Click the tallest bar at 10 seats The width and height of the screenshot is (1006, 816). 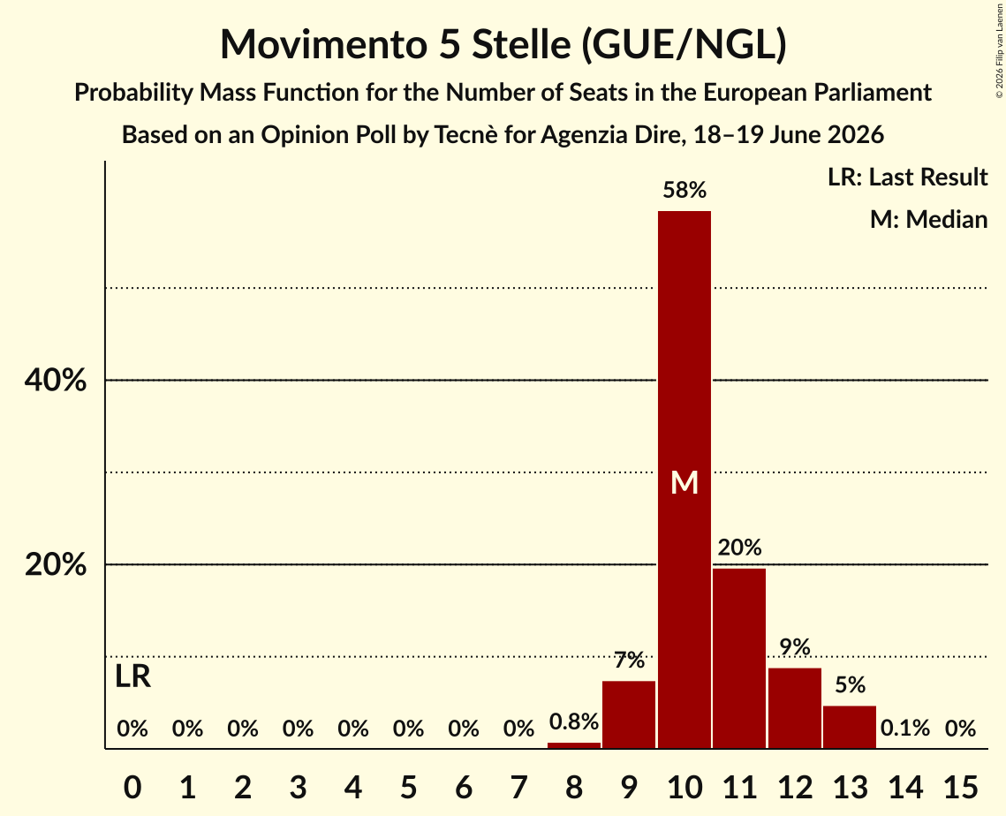684,480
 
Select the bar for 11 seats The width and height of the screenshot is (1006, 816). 739,658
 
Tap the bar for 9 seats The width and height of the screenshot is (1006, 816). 629,714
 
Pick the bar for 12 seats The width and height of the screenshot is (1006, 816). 794,708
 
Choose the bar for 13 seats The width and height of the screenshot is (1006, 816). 850,727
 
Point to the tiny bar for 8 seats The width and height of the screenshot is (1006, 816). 573,745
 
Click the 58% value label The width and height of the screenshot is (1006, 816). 685,190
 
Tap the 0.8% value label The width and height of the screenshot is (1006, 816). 574,722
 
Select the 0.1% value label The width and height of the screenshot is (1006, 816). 905,728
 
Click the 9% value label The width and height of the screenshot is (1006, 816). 795,647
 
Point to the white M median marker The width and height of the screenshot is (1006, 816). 685,482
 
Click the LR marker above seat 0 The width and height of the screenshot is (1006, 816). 132,676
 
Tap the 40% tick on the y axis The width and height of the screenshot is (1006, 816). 56,380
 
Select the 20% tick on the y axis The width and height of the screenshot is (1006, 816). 56,564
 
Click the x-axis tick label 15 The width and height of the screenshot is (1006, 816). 960,787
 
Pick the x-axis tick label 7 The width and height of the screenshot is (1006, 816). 518,787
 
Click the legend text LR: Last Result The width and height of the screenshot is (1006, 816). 907,177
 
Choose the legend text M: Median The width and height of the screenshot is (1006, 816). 928,219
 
